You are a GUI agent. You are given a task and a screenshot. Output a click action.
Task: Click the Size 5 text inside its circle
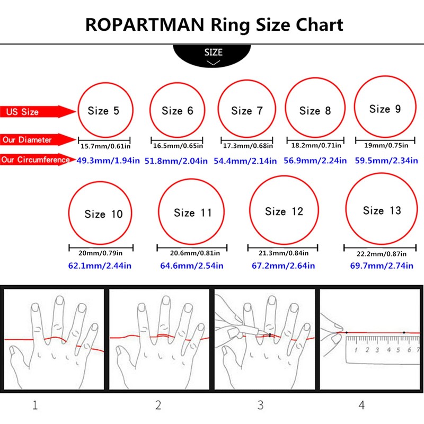(103, 111)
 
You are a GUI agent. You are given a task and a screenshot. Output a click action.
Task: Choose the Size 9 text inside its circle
(385, 109)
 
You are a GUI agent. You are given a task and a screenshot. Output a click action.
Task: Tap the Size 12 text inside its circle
(284, 211)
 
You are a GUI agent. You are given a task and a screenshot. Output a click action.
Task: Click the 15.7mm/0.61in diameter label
(105, 145)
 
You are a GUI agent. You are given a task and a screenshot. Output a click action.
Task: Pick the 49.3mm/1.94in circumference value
(108, 160)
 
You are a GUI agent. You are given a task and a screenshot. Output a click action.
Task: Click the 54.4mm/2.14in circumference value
(245, 160)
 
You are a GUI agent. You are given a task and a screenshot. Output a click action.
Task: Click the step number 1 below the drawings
(35, 406)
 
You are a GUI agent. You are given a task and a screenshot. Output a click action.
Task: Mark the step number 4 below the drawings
(361, 406)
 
